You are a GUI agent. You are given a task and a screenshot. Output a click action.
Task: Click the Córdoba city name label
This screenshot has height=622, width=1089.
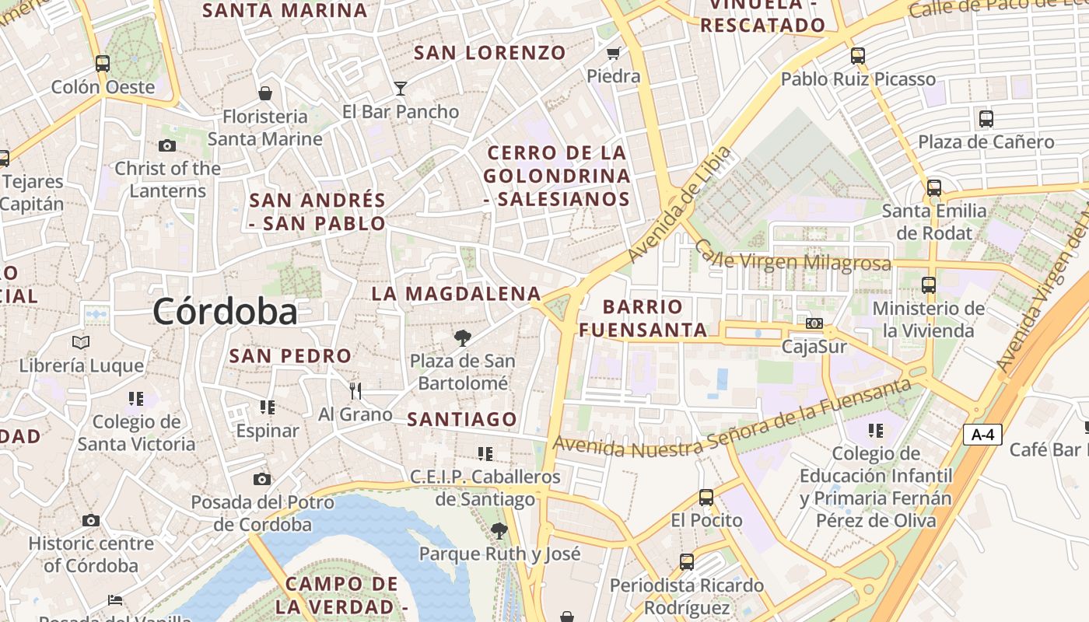225,312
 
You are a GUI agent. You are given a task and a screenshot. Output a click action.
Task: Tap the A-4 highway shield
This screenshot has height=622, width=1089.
982,434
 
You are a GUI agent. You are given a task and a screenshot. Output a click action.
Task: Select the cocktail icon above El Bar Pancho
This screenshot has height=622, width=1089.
401,89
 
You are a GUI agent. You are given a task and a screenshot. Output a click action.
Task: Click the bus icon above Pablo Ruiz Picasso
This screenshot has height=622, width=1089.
858,56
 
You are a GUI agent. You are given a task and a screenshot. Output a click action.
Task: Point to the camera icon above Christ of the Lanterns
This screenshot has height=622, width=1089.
166,145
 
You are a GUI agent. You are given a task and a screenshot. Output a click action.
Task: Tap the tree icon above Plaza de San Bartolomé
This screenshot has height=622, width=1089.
463,338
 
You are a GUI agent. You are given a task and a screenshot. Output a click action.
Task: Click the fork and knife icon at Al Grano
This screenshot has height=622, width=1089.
355,390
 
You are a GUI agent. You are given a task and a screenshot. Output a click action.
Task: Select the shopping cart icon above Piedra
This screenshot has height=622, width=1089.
614,54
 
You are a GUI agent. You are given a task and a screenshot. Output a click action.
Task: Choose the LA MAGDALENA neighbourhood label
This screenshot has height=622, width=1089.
456,294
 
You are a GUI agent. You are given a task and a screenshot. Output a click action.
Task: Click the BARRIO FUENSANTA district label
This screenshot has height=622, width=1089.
643,318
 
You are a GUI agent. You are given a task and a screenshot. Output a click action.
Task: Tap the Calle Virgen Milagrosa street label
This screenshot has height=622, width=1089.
792,257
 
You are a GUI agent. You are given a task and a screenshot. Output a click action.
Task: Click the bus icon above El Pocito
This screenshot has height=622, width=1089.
706,498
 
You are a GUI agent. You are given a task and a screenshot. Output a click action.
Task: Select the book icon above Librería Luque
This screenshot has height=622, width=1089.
81,342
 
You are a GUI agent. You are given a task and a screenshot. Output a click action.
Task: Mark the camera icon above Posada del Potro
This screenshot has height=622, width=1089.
262,479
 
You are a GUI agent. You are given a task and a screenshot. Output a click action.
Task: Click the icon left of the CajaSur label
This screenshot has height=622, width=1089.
814,323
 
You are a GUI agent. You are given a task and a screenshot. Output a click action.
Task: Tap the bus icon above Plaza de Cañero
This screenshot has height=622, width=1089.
986,119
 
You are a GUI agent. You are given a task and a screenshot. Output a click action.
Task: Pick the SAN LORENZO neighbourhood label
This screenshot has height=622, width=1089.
490,53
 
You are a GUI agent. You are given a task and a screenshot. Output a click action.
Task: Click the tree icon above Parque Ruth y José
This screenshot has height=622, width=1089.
499,531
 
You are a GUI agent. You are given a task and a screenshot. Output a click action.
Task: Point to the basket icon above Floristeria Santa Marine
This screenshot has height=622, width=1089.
265,93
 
